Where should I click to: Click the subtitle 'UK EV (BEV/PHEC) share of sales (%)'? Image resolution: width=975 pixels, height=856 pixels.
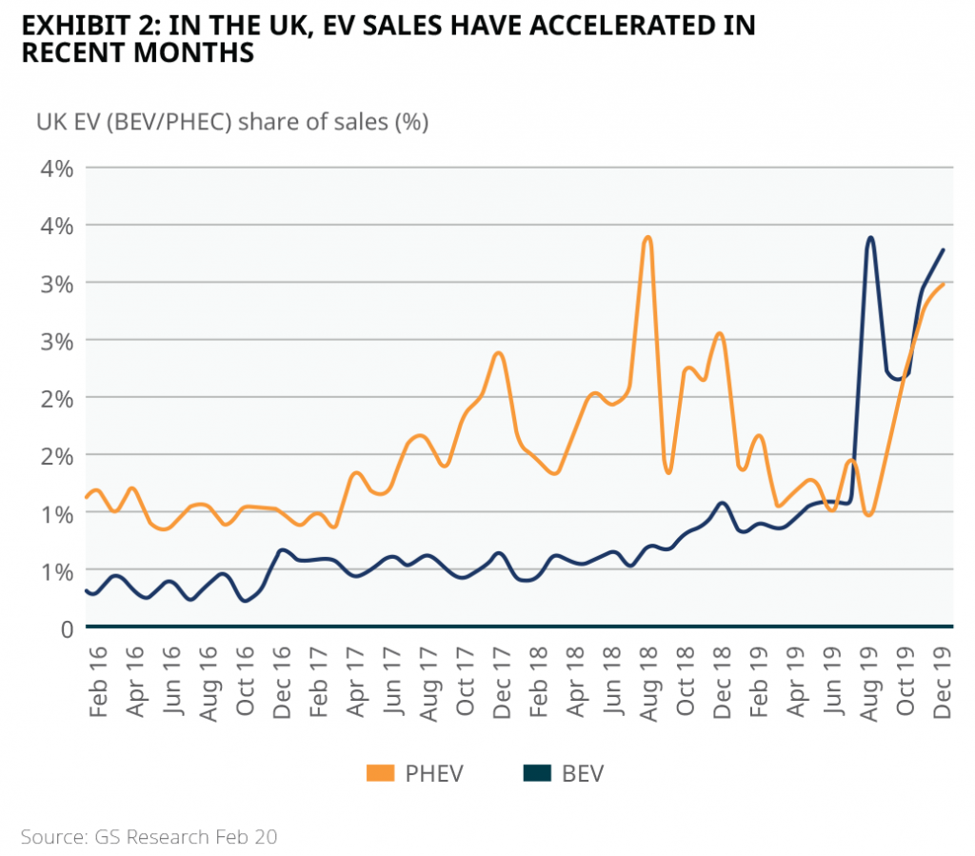point(232,123)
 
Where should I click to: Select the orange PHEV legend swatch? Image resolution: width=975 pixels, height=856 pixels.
point(381,773)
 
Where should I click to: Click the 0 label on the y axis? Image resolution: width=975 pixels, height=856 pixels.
point(67,628)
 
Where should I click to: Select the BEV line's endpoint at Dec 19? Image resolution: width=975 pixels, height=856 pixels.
point(943,250)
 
